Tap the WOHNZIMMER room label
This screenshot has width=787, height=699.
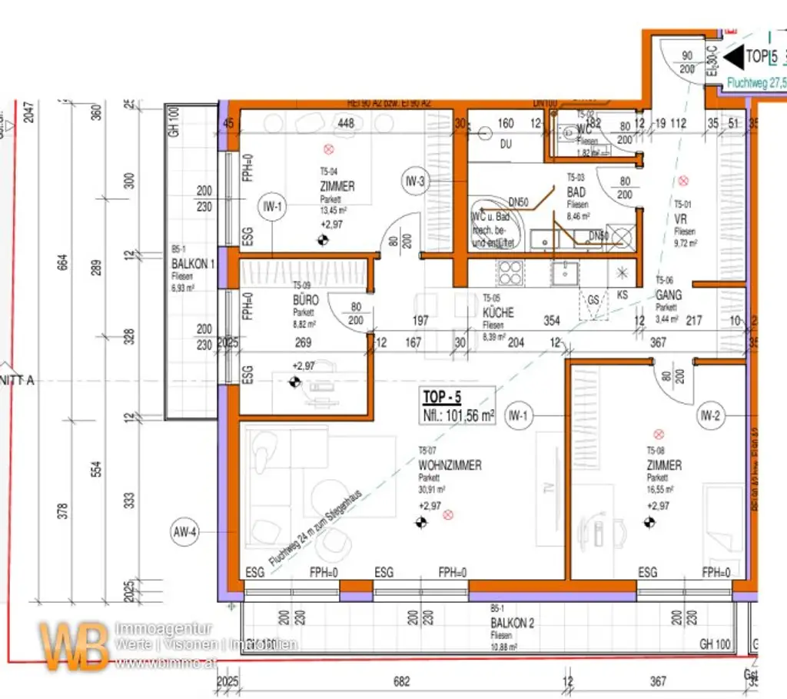pos(450,465)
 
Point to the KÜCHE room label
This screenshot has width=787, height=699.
pos(498,313)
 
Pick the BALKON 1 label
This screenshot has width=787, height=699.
pos(193,263)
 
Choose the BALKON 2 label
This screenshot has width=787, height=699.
pos(513,624)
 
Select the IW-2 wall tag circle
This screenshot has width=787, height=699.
pos(709,417)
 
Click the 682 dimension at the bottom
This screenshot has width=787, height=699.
pos(400,681)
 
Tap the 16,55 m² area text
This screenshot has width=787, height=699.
pos(660,489)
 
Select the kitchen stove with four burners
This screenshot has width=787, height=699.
pos(510,272)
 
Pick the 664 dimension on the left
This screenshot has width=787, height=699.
pos(63,262)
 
